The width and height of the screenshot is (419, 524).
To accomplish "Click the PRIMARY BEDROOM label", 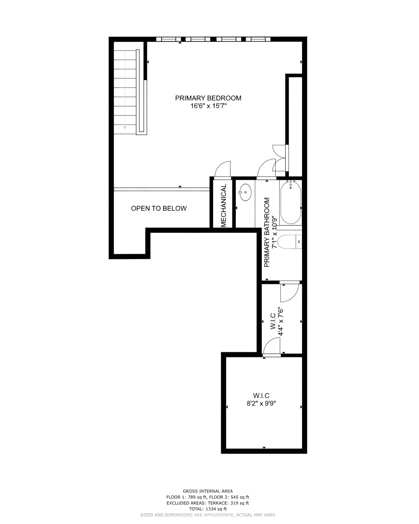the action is (208, 98).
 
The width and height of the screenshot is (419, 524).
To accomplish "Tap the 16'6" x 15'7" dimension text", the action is (209, 106).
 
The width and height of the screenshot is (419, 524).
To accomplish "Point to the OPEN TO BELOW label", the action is (159, 209).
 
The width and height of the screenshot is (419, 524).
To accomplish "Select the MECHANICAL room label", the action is (224, 205).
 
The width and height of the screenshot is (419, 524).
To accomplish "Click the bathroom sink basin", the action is (245, 192).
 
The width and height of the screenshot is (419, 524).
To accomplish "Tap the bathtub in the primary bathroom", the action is (290, 203).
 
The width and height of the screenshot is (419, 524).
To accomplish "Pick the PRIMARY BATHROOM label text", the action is (267, 232).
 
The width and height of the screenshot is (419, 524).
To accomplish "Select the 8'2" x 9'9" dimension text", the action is (261, 403).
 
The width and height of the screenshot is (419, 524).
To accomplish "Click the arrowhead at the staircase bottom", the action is (125, 127).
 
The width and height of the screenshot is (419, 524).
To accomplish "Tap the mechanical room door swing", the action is (222, 169).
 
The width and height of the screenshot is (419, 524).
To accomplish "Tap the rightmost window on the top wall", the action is (258, 39).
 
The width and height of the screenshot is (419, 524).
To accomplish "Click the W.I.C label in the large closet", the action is (261, 395).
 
